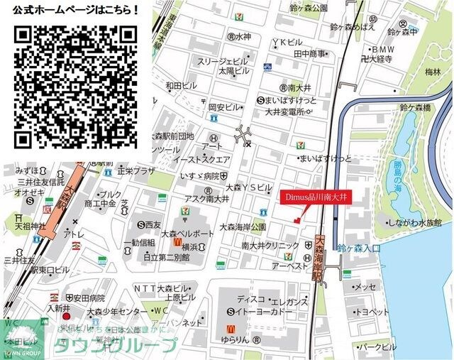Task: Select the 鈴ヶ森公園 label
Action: coord(309,8)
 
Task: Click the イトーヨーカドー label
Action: coord(261,312)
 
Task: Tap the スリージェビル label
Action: coord(223,61)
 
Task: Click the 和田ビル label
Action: coord(180,85)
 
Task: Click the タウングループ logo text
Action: coord(116,347)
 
